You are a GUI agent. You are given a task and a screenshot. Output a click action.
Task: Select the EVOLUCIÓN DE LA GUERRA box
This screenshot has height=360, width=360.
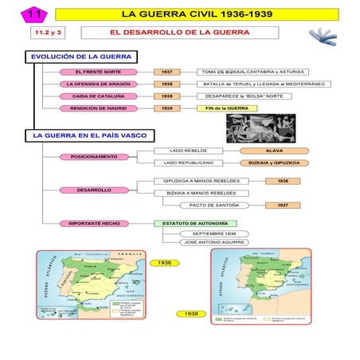[80, 57]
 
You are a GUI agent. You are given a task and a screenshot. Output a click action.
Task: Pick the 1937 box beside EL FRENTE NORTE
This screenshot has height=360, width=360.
[166, 72]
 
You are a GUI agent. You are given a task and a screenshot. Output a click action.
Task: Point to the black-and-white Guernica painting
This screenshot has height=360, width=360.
[253, 126]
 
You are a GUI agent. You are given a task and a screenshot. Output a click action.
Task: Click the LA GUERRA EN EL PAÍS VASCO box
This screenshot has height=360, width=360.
[88, 135]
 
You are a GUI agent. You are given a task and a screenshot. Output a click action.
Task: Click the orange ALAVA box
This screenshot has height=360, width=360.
[273, 150]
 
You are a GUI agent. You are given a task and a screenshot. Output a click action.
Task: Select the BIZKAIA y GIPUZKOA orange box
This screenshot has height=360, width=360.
[273, 162]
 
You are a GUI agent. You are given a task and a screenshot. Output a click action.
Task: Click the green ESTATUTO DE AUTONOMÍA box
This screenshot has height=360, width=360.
[195, 223]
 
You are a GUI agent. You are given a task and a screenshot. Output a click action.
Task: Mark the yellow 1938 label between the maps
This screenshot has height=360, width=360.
[191, 314]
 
